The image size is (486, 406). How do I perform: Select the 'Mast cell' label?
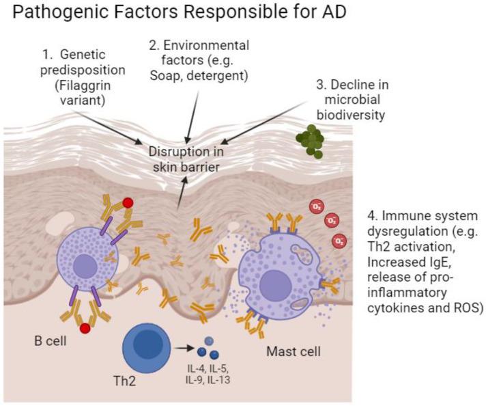293,354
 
